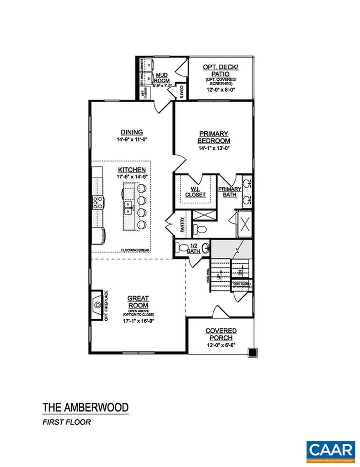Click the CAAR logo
[331, 449]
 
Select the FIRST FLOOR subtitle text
[67, 422]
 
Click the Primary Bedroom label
[214, 137]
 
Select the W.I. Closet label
[195, 192]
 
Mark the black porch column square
[252, 352]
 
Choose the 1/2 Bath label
[194, 249]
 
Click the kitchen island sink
[129, 207]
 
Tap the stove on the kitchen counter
[98, 202]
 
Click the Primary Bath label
[229, 192]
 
